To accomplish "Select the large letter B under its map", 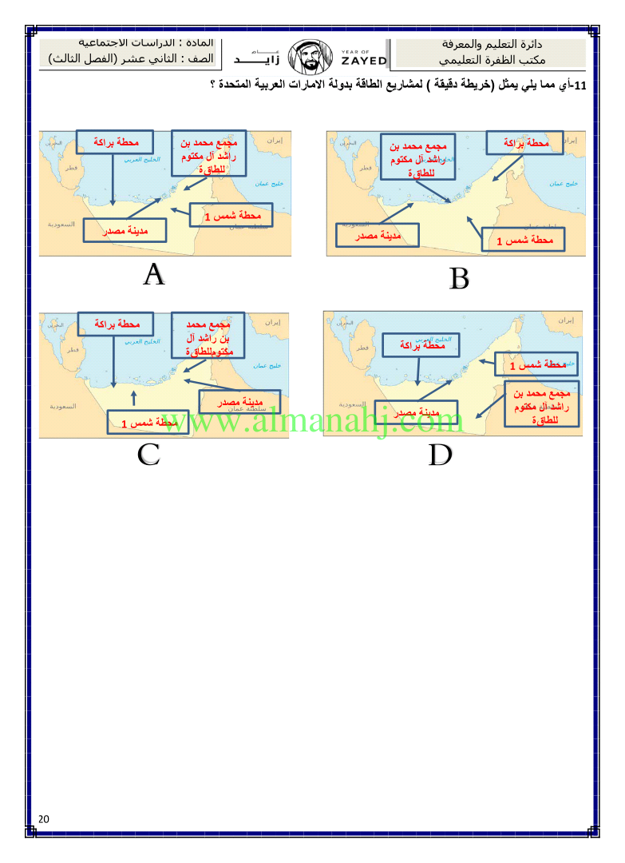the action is [x=459, y=279].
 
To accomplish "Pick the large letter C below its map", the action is [x=148, y=454].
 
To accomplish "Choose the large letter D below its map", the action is [x=441, y=455].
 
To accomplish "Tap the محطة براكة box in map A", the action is [x=114, y=142].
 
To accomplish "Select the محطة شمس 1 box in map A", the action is [x=231, y=216].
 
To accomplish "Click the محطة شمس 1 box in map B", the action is [x=524, y=240].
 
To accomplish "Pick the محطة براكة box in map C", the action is [x=117, y=324].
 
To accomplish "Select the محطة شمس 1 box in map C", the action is [x=148, y=422].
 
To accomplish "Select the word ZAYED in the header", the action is [x=363, y=61].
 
